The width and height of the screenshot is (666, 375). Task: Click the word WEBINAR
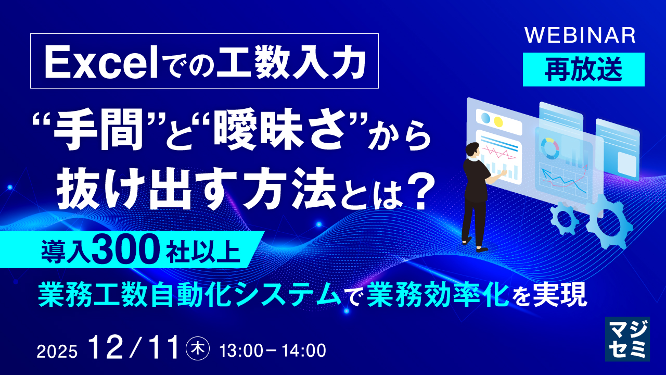click(580, 35)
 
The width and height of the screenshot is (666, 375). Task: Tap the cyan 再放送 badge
click(583, 69)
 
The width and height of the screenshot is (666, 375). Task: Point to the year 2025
click(57, 352)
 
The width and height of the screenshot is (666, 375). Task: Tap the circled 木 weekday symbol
click(198, 349)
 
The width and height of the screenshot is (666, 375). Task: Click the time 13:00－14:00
click(273, 351)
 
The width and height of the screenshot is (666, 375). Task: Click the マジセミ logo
click(627, 339)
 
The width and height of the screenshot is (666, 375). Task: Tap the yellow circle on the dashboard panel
click(498, 122)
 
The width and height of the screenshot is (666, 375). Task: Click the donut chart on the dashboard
click(549, 148)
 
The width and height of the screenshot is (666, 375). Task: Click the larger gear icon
click(609, 222)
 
